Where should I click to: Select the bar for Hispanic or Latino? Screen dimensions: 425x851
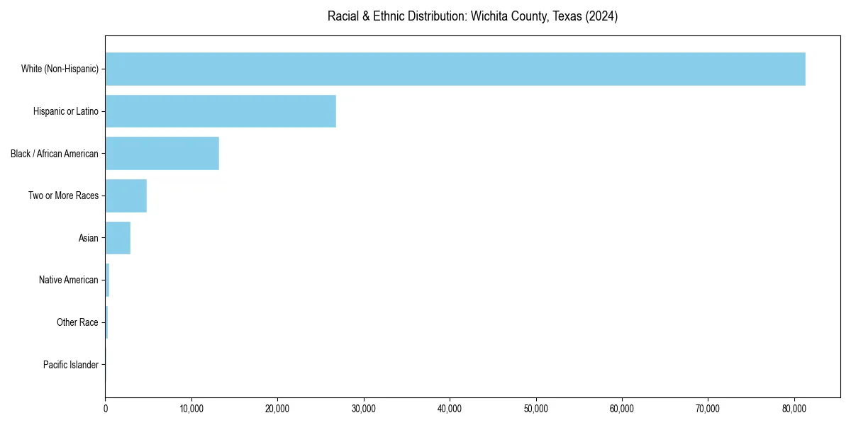click(x=221, y=111)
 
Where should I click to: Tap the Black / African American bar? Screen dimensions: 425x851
click(x=162, y=154)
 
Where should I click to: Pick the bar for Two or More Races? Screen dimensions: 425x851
click(x=126, y=195)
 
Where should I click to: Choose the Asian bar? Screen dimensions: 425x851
click(x=118, y=238)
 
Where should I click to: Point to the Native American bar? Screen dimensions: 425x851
click(x=107, y=280)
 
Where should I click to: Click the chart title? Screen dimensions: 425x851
click(x=472, y=16)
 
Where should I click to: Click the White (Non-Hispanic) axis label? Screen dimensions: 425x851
click(x=60, y=69)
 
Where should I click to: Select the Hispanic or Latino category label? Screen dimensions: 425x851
click(x=66, y=111)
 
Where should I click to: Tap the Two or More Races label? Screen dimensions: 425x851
click(x=64, y=195)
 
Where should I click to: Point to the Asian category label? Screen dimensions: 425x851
click(x=89, y=238)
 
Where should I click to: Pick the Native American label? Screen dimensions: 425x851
click(x=69, y=280)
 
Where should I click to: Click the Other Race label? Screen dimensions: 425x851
click(x=77, y=322)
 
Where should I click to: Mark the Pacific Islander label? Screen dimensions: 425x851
click(x=71, y=365)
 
